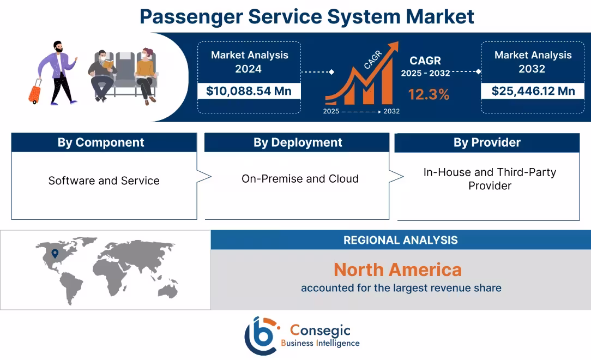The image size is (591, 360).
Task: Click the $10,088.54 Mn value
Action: coord(249,91)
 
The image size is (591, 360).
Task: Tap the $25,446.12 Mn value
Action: coord(533,91)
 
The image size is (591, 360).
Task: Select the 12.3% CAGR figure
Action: coord(429,94)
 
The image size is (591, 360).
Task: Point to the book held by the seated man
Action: coord(108,65)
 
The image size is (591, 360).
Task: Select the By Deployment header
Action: coord(298,142)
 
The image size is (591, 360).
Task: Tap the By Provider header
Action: coord(487,142)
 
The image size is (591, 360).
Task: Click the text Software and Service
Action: coord(104,181)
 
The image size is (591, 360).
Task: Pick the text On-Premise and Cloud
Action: coord(300,178)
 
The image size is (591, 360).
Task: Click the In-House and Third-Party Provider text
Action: coord(490,179)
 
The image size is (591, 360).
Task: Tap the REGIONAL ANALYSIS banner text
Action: coord(401,240)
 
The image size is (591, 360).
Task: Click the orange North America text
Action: coord(397,269)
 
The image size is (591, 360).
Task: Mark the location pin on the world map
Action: coord(55,253)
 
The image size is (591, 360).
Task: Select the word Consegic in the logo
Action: coord(320,330)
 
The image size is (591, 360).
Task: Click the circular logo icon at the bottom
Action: coord(261,335)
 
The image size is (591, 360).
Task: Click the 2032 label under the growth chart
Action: coord(391,111)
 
